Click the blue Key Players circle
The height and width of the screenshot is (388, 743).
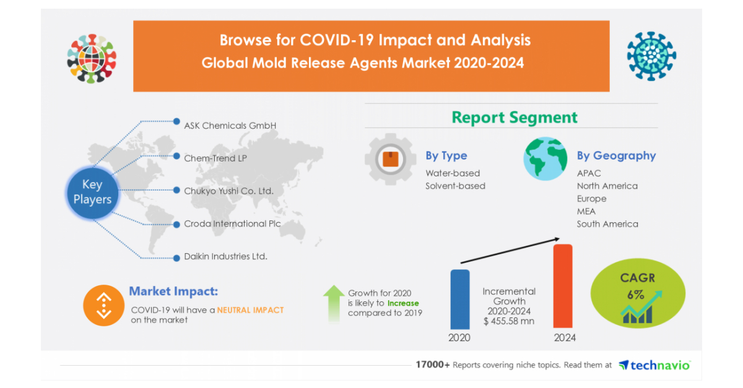(x=92, y=192)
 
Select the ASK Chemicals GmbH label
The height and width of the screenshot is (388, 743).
(x=230, y=126)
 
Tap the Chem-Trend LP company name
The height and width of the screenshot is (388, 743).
(x=215, y=158)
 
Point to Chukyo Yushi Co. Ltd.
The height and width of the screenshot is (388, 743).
(x=228, y=191)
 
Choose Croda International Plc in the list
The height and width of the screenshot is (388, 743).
(x=232, y=223)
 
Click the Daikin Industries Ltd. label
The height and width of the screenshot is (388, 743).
(x=225, y=256)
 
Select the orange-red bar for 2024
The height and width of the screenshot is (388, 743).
(x=562, y=285)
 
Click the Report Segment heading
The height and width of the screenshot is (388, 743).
(x=514, y=118)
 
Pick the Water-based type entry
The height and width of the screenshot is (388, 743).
(x=453, y=173)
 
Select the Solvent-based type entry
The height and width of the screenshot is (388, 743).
(x=455, y=186)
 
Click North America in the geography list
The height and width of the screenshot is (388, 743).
(x=607, y=186)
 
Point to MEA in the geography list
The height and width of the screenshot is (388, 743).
(x=586, y=211)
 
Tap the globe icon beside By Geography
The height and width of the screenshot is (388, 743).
(x=545, y=159)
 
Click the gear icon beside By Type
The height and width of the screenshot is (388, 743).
(x=390, y=159)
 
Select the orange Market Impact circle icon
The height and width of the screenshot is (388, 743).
(x=103, y=305)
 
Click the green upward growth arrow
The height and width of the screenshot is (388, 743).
(x=334, y=303)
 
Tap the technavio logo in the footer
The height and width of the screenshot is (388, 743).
(x=654, y=365)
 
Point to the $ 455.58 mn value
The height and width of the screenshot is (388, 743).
(x=509, y=321)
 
